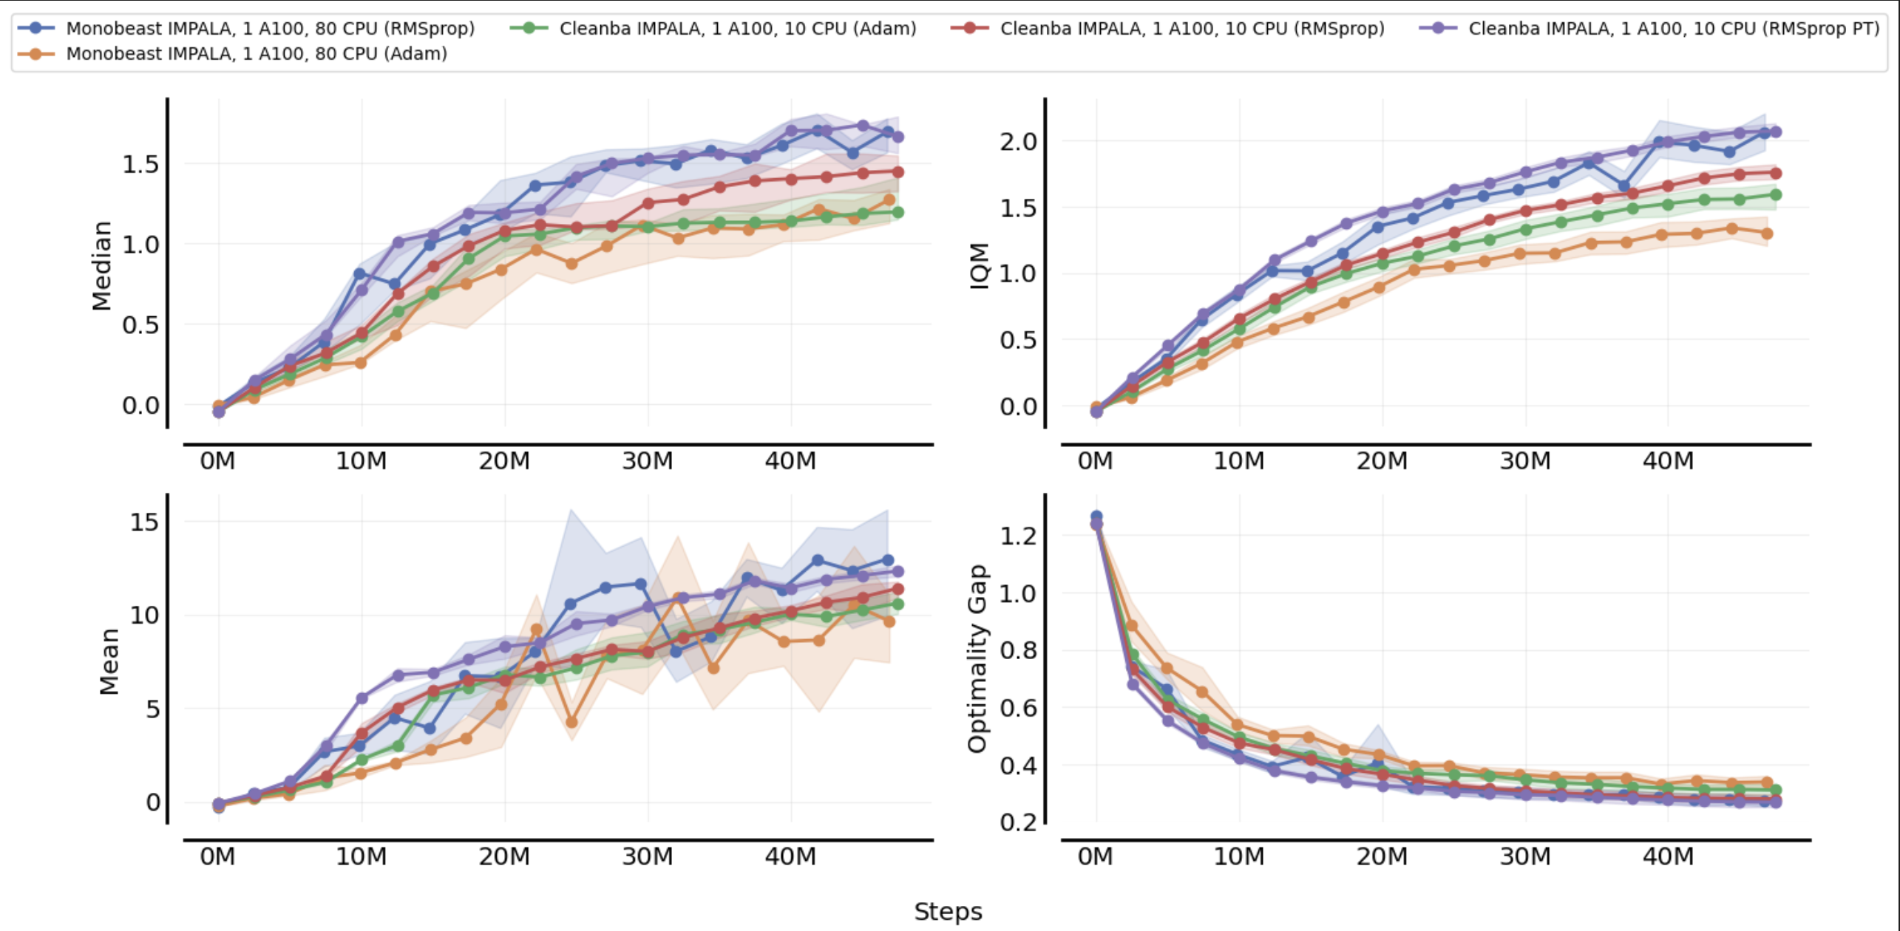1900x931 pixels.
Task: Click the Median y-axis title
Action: [101, 265]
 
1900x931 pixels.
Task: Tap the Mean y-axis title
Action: [109, 661]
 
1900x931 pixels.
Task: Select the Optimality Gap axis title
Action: [977, 658]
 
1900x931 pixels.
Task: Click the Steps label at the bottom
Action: [948, 911]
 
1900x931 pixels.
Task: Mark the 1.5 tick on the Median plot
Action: [140, 164]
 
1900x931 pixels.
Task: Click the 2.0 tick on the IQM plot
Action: [1018, 141]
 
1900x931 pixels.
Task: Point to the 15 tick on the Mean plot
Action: [144, 522]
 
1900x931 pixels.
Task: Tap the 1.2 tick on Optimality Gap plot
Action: [1018, 536]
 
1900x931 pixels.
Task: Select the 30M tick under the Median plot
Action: [647, 461]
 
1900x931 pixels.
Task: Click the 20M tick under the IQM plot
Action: [1381, 461]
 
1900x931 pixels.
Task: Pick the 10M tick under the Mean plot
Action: [361, 856]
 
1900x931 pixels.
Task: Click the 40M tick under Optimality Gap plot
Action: [1667, 856]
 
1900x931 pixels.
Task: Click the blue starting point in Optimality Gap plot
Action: [1096, 516]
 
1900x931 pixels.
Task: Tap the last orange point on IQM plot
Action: [1767, 233]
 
